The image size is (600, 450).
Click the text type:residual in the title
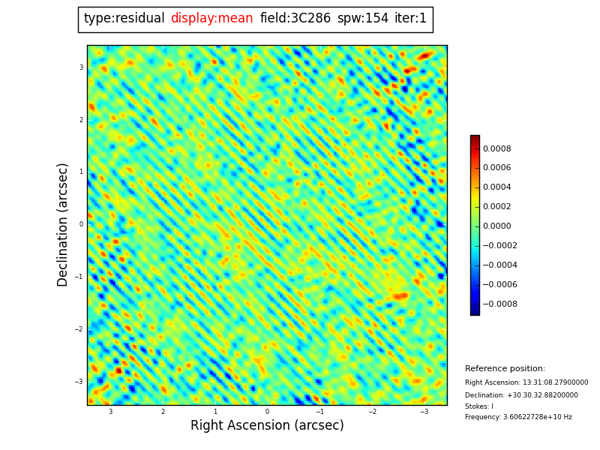tap(124, 19)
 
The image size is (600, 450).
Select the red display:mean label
tap(211, 19)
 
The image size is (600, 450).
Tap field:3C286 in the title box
tap(295, 19)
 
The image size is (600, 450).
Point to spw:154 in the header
tap(362, 19)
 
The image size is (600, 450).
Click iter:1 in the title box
tap(410, 19)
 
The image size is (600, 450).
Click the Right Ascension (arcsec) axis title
tap(267, 426)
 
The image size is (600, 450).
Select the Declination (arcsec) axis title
tap(64, 224)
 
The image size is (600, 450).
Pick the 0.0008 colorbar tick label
tap(496, 148)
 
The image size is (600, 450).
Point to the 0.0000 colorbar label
tap(496, 226)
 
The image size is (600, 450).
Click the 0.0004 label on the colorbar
tap(496, 187)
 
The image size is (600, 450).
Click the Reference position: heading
tap(505, 369)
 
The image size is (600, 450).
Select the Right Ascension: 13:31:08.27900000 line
tap(526, 382)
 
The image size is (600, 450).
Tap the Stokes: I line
tap(478, 406)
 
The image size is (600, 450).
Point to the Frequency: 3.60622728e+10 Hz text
tap(518, 417)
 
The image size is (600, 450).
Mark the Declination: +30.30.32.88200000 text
tap(521, 395)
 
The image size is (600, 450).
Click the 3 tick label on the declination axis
tap(81, 67)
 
